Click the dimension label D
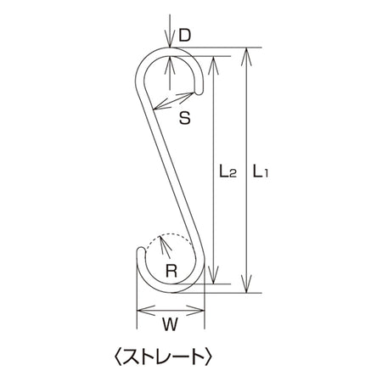pyautogui.click(x=185, y=36)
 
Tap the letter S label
pyautogui.click(x=185, y=118)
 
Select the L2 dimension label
pyautogui.click(x=228, y=171)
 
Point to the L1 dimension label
pyautogui.click(x=260, y=171)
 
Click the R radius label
pyautogui.click(x=171, y=271)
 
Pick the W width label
pyautogui.click(x=170, y=324)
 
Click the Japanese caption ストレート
pyautogui.click(x=164, y=357)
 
